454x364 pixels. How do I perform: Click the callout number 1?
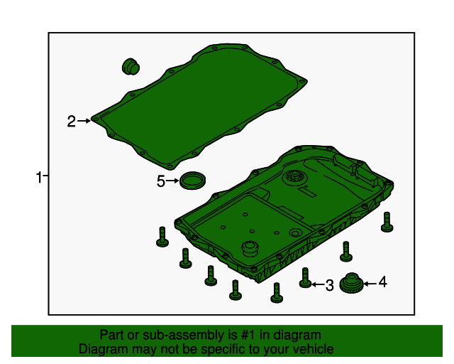click(x=39, y=177)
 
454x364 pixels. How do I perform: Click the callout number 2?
click(x=71, y=122)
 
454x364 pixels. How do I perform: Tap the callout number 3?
click(x=329, y=285)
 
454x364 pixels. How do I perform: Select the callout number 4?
click(x=383, y=282)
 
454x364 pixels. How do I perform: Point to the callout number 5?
click(x=161, y=181)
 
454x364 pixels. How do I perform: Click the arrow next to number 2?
click(x=84, y=121)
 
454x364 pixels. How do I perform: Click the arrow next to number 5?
click(x=172, y=181)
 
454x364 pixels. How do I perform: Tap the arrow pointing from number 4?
click(x=370, y=284)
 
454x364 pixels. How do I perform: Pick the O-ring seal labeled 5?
click(x=192, y=181)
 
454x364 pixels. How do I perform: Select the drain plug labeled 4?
click(x=351, y=283)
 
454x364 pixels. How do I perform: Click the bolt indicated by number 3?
click(x=305, y=278)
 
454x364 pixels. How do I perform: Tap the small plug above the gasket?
click(x=131, y=66)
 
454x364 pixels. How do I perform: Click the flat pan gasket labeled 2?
click(x=199, y=107)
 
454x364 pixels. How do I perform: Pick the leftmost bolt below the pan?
click(x=162, y=237)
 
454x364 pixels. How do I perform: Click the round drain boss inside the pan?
click(x=250, y=248)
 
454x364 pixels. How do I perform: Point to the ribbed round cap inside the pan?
click(x=295, y=176)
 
